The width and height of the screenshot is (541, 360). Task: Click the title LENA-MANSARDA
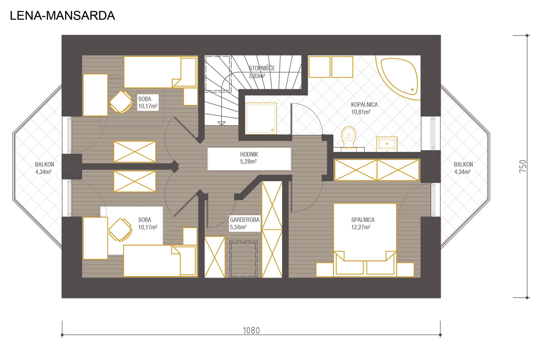pos(62,16)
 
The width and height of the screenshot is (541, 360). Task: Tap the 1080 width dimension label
pos(251,330)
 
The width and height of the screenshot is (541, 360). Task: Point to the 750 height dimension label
pos(523,166)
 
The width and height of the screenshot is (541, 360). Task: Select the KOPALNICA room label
pos(364,105)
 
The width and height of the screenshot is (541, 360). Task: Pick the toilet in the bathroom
pos(348,137)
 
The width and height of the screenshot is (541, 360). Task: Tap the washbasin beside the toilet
pos(387,144)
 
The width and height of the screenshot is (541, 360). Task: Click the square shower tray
pos(261,118)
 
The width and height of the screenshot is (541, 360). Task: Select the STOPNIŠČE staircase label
pos(262,68)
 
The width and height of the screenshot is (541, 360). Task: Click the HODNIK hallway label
pos(249,155)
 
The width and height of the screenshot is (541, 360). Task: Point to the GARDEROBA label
pos(245,220)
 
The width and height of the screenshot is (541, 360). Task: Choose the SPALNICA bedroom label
pos(363,220)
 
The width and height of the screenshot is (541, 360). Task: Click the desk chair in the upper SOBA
pos(121,102)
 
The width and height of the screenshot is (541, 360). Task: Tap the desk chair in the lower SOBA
pos(120,230)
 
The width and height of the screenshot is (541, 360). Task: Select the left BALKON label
pos(44,165)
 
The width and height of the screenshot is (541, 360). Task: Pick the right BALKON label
pos(463,165)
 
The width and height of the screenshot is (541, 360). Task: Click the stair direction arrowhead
pos(221,124)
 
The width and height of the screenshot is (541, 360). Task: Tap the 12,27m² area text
pos(361,227)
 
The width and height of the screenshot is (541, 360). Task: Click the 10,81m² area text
pos(361,112)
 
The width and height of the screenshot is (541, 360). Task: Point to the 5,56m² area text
pos(238,227)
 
